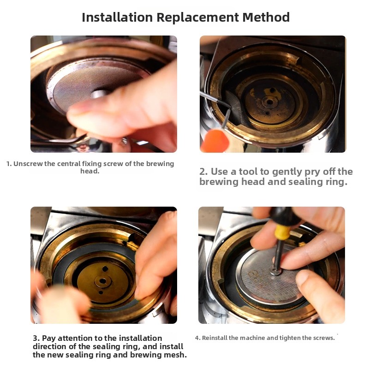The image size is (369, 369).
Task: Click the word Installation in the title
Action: coord(117,17)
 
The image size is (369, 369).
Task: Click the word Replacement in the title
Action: coord(198,18)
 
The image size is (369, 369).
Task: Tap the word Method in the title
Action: coord(266,17)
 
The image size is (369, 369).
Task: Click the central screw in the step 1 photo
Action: coord(99,94)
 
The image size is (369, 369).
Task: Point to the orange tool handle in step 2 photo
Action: coord(214,141)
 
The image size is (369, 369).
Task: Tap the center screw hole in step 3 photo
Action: coord(103,281)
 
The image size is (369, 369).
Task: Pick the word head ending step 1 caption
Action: coord(89,171)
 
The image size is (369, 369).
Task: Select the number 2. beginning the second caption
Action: coord(203,172)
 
